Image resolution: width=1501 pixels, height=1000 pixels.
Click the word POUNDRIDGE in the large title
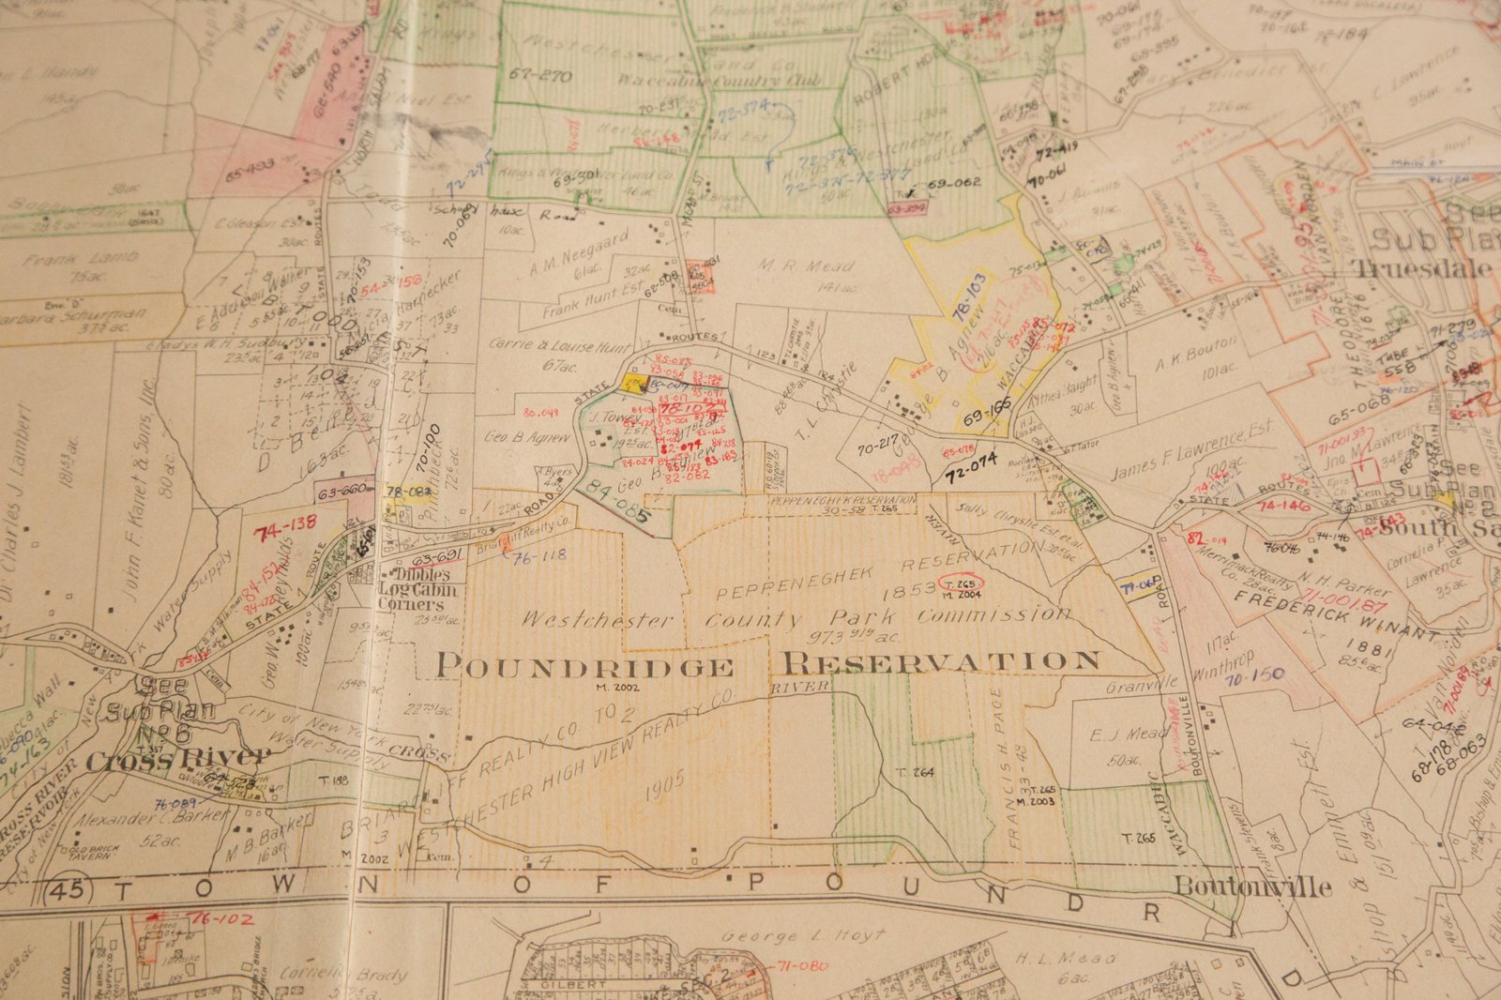point(584,667)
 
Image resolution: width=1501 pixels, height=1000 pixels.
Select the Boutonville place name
point(1252,886)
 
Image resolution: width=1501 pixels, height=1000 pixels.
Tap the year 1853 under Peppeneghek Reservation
point(909,588)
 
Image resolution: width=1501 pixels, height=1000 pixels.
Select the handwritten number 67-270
point(541,76)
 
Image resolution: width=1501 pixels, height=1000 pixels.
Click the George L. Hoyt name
point(803,935)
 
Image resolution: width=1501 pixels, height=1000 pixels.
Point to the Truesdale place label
point(1421,268)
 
